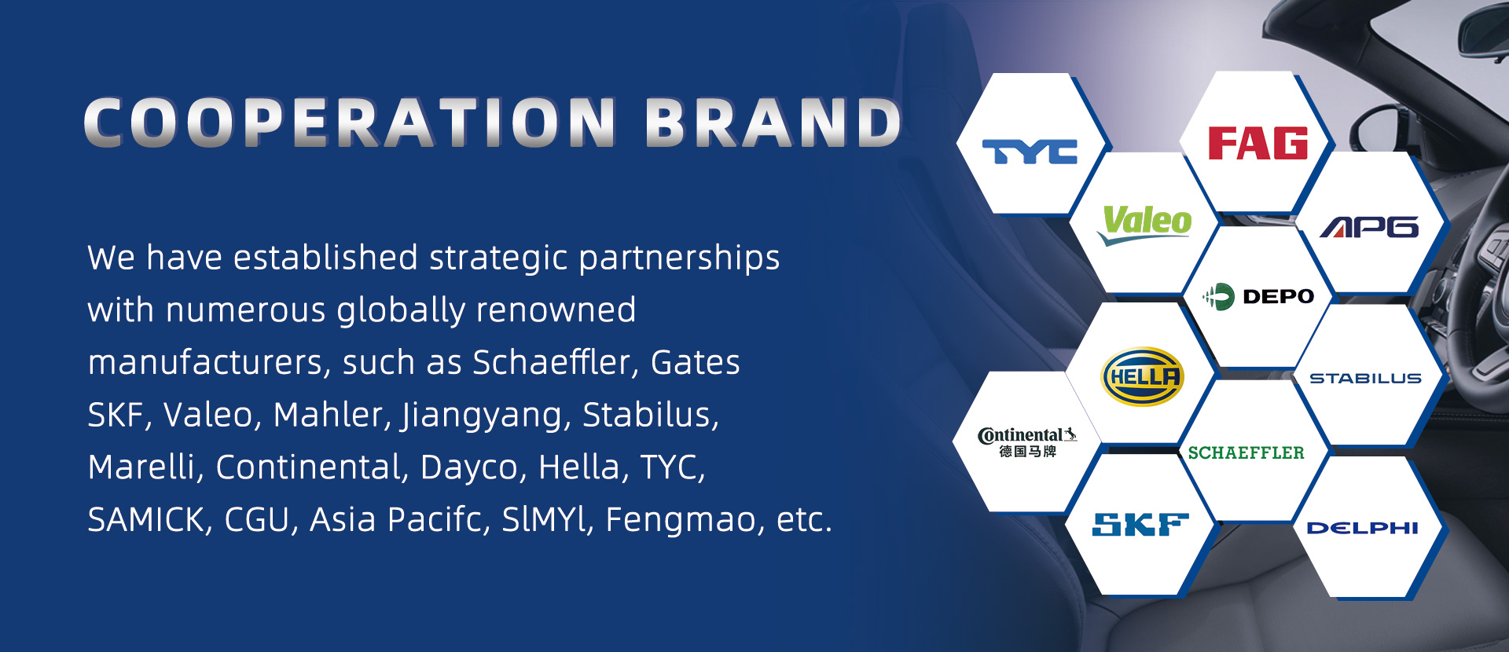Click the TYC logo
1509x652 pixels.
pos(1030,152)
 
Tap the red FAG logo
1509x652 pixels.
pos(1257,143)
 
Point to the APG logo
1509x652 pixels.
pos(1370,227)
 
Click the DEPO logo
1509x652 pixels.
pos(1258,296)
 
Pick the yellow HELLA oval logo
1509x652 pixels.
pos(1142,377)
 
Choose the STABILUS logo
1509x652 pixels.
pos(1365,378)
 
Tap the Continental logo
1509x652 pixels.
pos(1027,442)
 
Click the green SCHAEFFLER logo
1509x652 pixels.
pos(1246,452)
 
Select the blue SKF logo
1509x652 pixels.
pos(1140,525)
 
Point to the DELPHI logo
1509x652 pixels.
pos(1362,528)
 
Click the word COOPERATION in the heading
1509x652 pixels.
pos(351,123)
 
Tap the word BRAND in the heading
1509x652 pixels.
pos(773,123)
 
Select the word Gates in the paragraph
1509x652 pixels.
pos(696,363)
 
